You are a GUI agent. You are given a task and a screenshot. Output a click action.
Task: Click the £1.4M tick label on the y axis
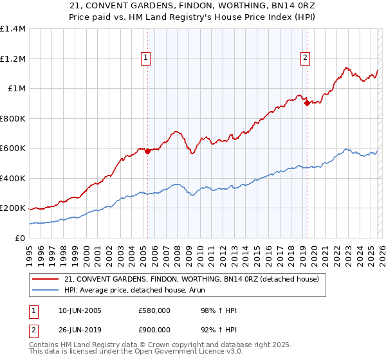pos(13,29)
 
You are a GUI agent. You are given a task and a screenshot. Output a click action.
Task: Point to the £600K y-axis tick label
pos(13,148)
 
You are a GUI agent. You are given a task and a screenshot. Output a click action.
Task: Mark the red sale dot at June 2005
pos(147,152)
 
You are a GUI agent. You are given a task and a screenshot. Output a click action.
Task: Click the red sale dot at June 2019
pos(307,104)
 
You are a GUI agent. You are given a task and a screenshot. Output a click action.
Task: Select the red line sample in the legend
pos(46,279)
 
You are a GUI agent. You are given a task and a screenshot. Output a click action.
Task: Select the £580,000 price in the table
pos(154,310)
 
